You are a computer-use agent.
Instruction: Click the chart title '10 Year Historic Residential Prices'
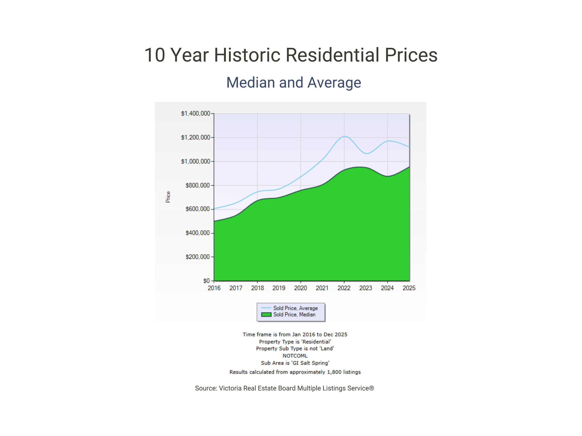click(x=291, y=55)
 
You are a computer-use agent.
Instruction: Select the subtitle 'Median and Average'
click(x=294, y=82)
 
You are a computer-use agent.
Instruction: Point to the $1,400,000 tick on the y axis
click(x=195, y=113)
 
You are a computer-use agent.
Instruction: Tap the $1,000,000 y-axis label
click(x=195, y=161)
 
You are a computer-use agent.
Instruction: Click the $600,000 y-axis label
click(x=198, y=209)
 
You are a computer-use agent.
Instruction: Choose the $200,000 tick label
click(x=198, y=257)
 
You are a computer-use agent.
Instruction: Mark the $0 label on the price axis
click(x=206, y=281)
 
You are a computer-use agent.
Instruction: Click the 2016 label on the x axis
click(x=214, y=288)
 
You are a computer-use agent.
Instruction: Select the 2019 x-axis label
click(x=279, y=288)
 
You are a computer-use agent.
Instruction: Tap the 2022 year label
click(x=344, y=288)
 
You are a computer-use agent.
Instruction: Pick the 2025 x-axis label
click(x=409, y=288)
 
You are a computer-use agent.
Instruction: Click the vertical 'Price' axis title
click(x=168, y=197)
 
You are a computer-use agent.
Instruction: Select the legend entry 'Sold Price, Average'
click(x=295, y=308)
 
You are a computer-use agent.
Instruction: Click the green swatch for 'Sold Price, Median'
click(x=266, y=315)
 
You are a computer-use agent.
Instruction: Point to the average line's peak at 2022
click(x=345, y=136)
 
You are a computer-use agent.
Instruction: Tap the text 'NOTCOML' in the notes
click(x=295, y=356)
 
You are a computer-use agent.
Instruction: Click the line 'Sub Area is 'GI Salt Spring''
click(x=295, y=363)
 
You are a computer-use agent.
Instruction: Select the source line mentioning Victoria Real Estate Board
click(x=284, y=388)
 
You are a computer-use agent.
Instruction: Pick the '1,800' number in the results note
click(x=334, y=372)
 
